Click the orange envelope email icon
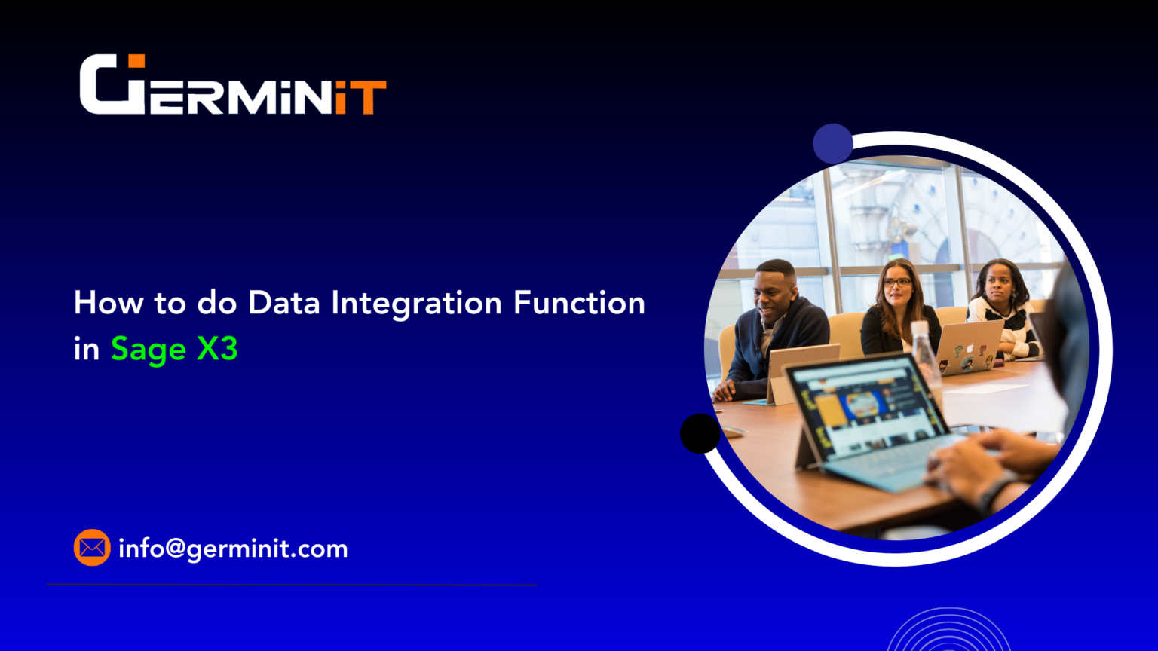pyautogui.click(x=92, y=548)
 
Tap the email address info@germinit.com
pyautogui.click(x=233, y=549)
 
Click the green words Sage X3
pyautogui.click(x=174, y=349)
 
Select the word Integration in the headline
pyautogui.click(x=416, y=303)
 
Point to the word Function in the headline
pyautogui.click(x=579, y=303)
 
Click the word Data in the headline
pyautogui.click(x=285, y=303)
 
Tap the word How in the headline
pyautogui.click(x=108, y=303)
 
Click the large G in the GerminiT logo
pyautogui.click(x=112, y=84)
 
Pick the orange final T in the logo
pyautogui.click(x=369, y=97)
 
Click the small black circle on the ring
pyautogui.click(x=700, y=433)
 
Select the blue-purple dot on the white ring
pyautogui.click(x=832, y=143)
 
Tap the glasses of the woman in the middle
pyautogui.click(x=897, y=283)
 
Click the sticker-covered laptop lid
pyautogui.click(x=969, y=347)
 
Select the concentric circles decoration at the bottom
pyautogui.click(x=948, y=631)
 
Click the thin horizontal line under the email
pyautogui.click(x=292, y=584)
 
